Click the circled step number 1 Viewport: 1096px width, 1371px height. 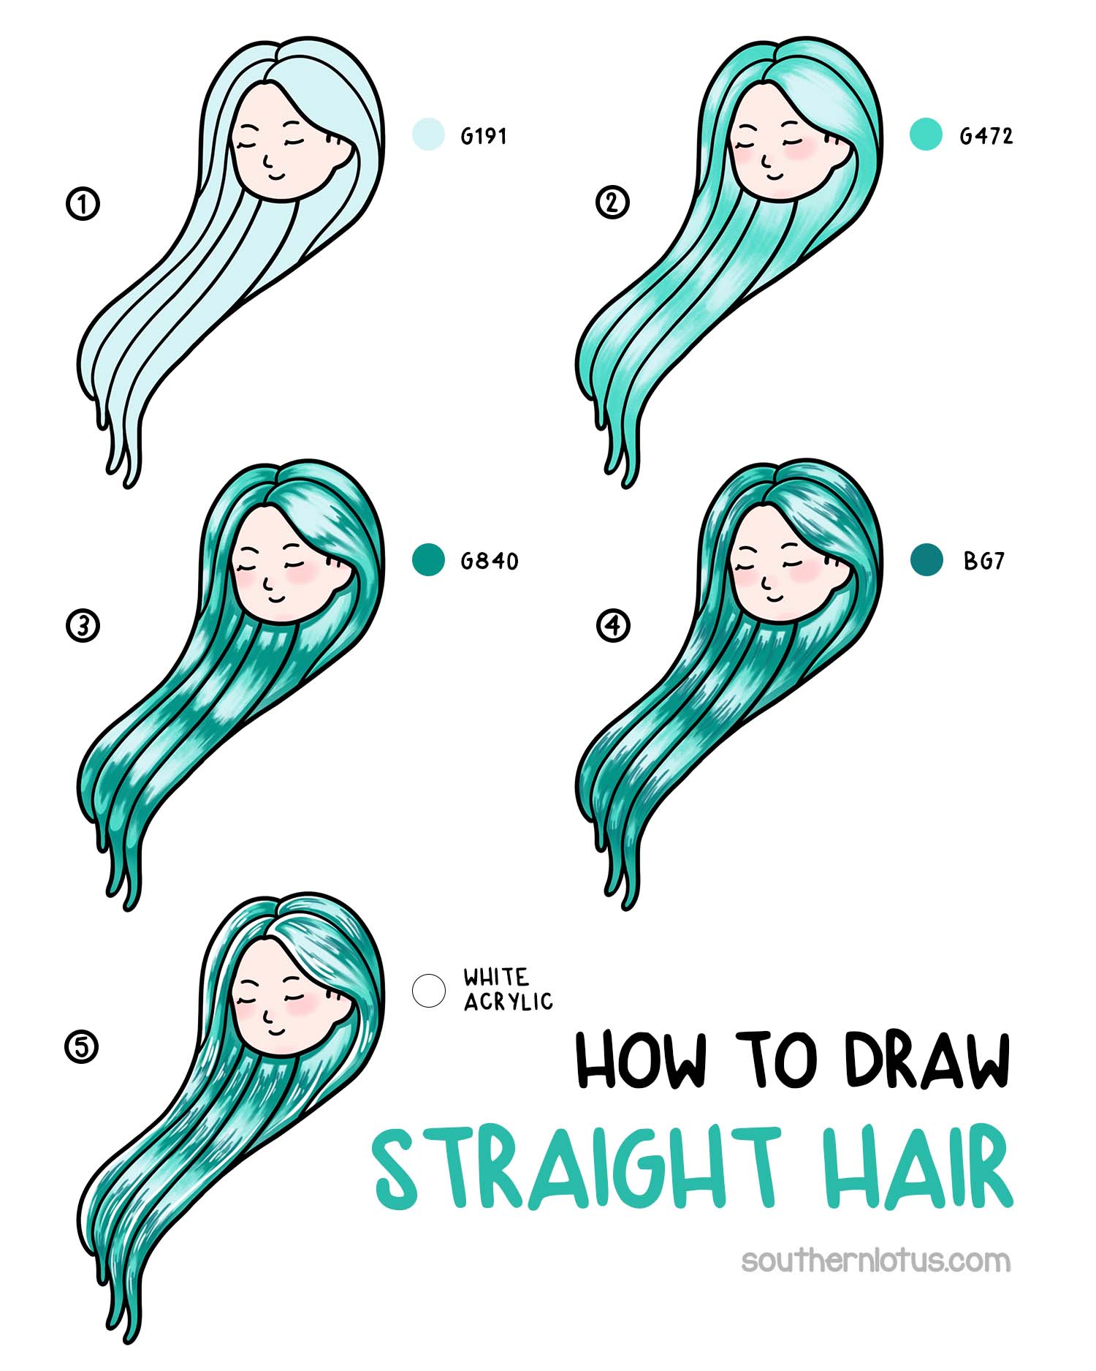83,204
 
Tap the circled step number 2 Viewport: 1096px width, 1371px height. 612,203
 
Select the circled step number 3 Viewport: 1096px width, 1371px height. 83,627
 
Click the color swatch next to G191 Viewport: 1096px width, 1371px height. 428,135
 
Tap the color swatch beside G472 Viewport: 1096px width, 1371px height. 926,134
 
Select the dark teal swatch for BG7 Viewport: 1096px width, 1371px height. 926,560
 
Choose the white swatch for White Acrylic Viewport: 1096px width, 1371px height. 428,990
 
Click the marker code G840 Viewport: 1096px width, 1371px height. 489,561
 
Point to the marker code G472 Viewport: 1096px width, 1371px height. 986,136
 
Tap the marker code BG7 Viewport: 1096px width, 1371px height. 984,561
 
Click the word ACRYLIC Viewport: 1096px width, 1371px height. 509,1002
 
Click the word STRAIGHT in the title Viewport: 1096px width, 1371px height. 577,1168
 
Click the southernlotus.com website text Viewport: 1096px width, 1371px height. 875,1261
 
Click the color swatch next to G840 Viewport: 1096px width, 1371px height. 428,560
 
